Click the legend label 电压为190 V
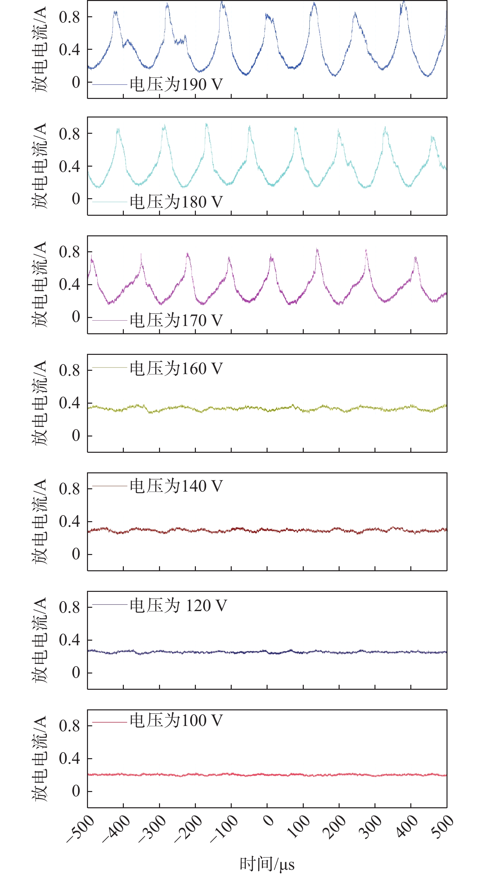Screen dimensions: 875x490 [x=176, y=84]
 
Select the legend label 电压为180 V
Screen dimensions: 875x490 [x=176, y=202]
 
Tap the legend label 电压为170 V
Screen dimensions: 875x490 [x=176, y=320]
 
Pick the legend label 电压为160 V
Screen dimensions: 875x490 [x=176, y=368]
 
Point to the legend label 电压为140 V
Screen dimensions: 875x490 [x=176, y=486]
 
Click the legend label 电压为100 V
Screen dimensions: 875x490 [x=176, y=720]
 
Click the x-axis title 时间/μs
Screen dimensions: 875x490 [x=267, y=864]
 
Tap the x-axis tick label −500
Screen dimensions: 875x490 [x=81, y=829]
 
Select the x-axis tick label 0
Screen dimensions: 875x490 [x=269, y=821]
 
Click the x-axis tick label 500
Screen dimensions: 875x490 [x=442, y=827]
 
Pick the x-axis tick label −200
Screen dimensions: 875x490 [x=189, y=829]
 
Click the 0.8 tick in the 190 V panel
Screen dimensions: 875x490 [x=69, y=17]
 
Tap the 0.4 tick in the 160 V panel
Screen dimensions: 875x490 [x=69, y=403]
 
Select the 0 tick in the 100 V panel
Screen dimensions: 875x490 [x=76, y=791]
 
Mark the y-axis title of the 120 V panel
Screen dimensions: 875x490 [x=40, y=640]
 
